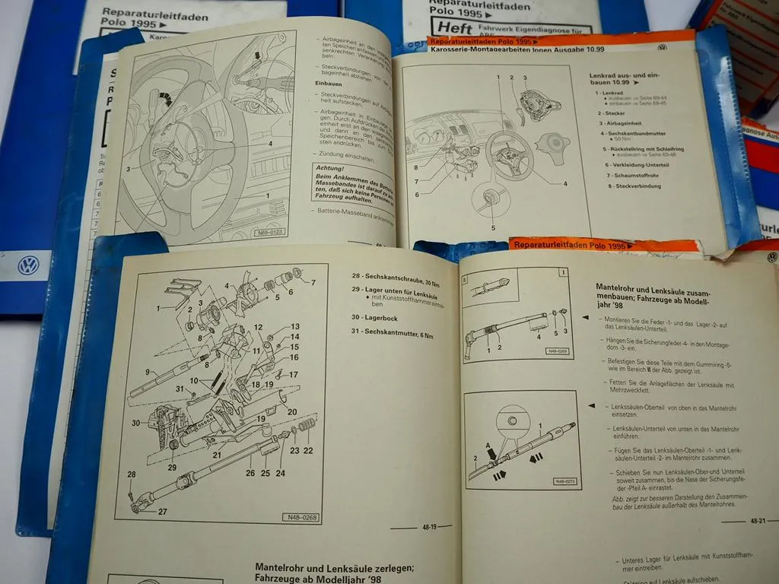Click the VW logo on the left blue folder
30,265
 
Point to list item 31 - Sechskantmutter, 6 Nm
398,332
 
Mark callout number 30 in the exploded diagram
135,424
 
